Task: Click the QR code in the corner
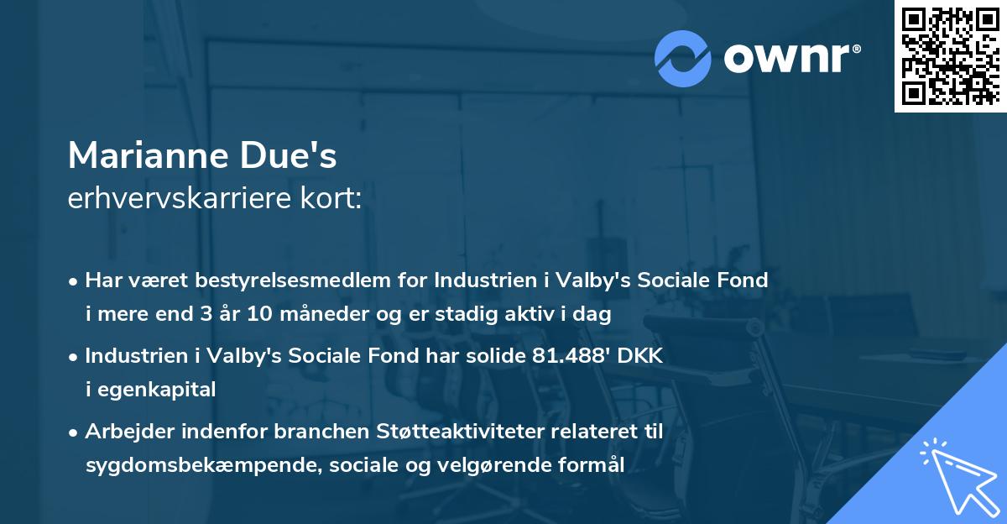tap(950, 56)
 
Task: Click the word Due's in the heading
tap(300, 155)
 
